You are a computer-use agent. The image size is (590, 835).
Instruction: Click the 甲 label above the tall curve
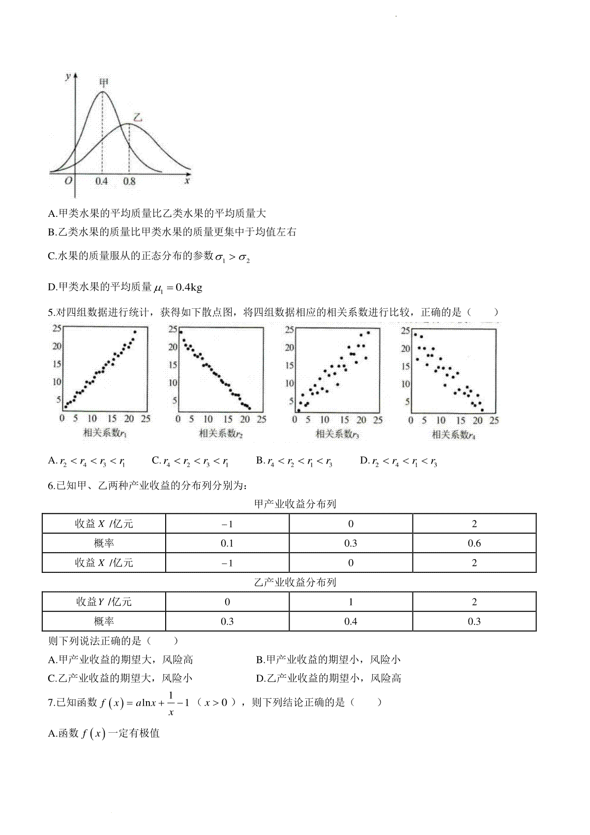pyautogui.click(x=104, y=82)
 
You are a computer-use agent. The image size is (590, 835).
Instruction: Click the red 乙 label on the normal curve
pyautogui.click(x=138, y=118)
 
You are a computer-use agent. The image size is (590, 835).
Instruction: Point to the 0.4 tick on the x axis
pyautogui.click(x=101, y=181)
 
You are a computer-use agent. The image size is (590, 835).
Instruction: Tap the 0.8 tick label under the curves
pyautogui.click(x=129, y=181)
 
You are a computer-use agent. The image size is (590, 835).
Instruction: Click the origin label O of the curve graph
pyautogui.click(x=68, y=180)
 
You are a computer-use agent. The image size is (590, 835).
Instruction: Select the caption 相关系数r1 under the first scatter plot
pyautogui.click(x=105, y=433)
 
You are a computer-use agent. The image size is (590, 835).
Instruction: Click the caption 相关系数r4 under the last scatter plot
pyautogui.click(x=453, y=434)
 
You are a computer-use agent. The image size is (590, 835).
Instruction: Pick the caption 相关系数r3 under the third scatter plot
pyautogui.click(x=337, y=434)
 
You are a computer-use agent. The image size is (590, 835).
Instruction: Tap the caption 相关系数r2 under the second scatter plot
pyautogui.click(x=221, y=433)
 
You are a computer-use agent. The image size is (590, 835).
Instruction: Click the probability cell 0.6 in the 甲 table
pyautogui.click(x=474, y=543)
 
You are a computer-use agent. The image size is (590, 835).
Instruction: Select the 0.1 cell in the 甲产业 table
pyautogui.click(x=227, y=543)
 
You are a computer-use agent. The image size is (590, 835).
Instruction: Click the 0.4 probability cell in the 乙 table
pyautogui.click(x=351, y=622)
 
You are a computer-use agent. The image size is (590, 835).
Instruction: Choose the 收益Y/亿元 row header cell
pyautogui.click(x=104, y=602)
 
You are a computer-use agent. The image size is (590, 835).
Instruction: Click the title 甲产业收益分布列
pyautogui.click(x=295, y=504)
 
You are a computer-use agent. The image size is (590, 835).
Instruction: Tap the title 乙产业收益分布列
pyautogui.click(x=295, y=582)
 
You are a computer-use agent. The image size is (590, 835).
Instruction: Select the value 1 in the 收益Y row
pyautogui.click(x=351, y=602)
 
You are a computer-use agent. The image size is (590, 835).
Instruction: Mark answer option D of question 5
pyautogui.click(x=399, y=461)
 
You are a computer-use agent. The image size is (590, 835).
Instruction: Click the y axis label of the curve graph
pyautogui.click(x=67, y=76)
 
